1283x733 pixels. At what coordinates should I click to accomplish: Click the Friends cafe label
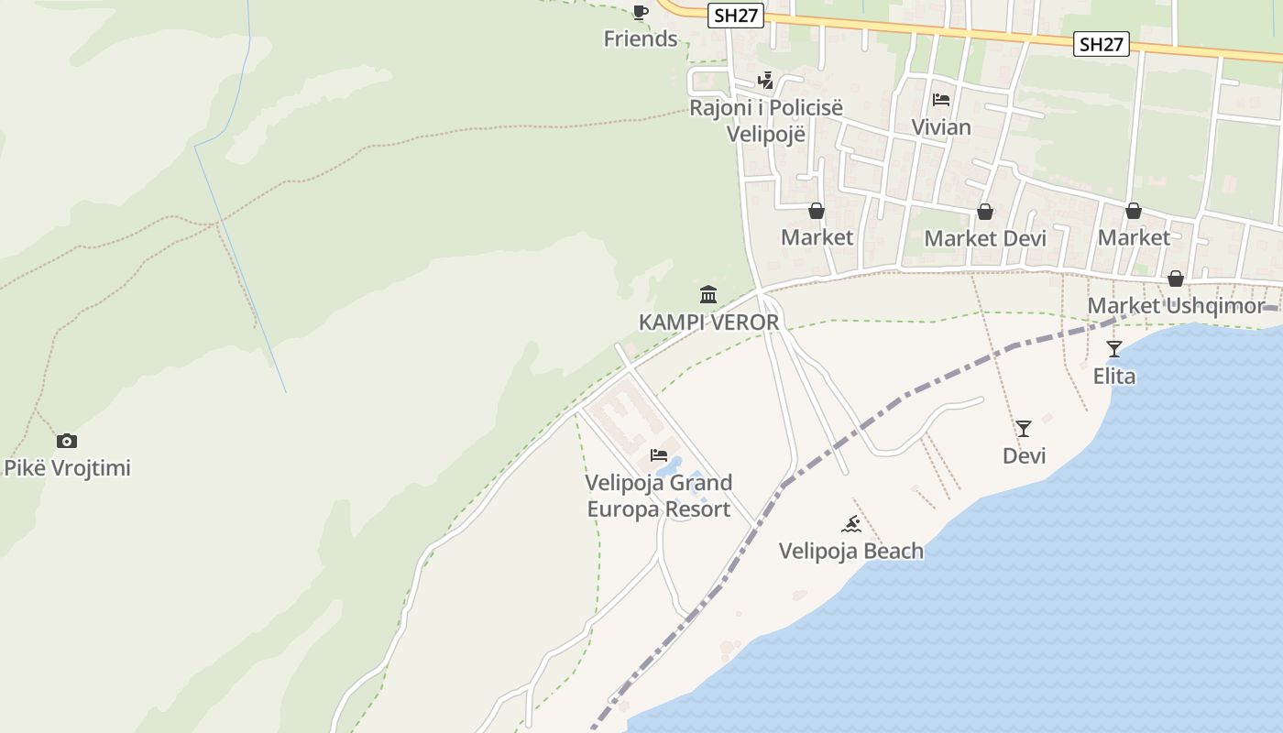coord(641,38)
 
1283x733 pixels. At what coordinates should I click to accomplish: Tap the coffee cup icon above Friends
coord(641,12)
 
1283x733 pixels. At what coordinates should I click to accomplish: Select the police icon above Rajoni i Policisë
coord(765,81)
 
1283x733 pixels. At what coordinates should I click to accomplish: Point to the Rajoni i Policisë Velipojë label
coord(765,120)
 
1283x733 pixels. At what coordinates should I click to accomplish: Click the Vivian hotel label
coord(941,127)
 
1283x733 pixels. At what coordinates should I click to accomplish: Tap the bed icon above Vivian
coord(941,100)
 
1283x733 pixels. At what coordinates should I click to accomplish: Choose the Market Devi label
coord(985,238)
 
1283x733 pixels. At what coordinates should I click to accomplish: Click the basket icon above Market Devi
coord(985,212)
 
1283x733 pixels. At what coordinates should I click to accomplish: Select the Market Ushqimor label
coord(1176,306)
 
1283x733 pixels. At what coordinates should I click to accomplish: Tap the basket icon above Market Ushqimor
coord(1176,279)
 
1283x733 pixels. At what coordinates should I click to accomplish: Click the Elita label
coord(1114,376)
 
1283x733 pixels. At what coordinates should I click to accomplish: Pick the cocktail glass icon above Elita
coord(1114,348)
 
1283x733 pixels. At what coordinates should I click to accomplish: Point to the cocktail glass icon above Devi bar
coord(1024,429)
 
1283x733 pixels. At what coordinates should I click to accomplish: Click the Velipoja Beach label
coord(851,551)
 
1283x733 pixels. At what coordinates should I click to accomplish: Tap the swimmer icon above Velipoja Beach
coord(851,524)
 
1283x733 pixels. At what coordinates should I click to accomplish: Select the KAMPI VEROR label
coord(708,323)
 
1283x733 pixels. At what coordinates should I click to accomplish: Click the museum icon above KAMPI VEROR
coord(708,295)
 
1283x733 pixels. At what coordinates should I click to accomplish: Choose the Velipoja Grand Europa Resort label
coord(659,496)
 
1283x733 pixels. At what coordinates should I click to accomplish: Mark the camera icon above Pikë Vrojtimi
coord(67,441)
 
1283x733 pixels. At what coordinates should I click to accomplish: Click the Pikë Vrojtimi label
coord(68,468)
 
